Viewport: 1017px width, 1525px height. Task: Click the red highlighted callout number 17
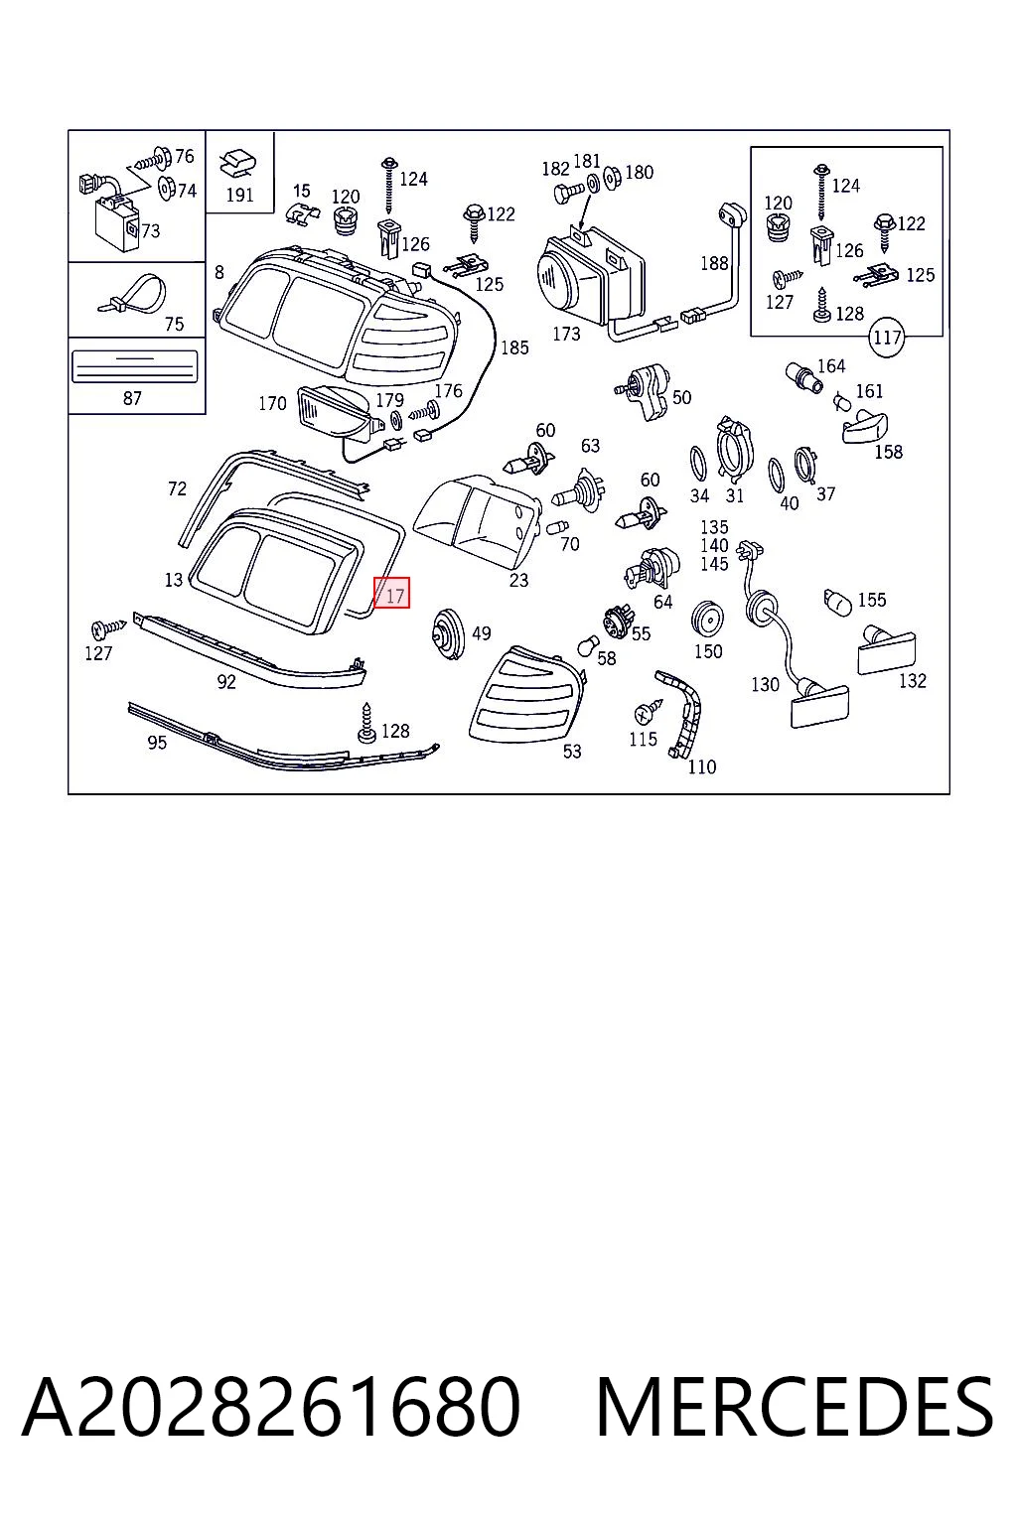[x=391, y=593]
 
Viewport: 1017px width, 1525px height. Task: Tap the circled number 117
[x=887, y=337]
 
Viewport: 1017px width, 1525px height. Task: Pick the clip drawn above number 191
[x=238, y=164]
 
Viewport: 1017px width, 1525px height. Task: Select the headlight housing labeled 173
[x=590, y=276]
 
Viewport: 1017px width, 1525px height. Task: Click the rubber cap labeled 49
[x=448, y=634]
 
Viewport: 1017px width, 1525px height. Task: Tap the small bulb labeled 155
[x=836, y=602]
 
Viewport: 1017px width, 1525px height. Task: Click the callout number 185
[x=514, y=347]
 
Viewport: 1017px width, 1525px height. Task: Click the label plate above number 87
[x=135, y=367]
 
